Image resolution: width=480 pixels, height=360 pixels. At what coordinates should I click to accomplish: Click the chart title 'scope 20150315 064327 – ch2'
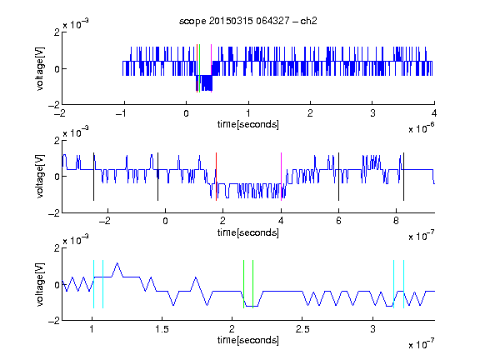(x=248, y=21)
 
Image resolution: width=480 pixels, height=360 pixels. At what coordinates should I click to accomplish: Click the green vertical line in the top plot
(x=200, y=68)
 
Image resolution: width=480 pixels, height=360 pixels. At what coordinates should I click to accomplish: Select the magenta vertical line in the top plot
(x=211, y=68)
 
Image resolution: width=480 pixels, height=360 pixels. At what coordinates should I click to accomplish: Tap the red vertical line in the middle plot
(x=216, y=177)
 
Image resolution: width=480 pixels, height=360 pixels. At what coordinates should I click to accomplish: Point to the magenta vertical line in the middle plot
(x=282, y=177)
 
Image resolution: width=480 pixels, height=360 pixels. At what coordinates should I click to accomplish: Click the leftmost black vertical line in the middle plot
(x=93, y=177)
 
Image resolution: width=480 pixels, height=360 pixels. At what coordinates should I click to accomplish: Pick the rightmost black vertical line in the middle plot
(x=404, y=177)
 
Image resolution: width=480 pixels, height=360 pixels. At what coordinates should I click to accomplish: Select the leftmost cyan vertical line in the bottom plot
(x=93, y=284)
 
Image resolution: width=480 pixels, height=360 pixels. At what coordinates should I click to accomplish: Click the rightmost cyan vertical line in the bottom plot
(x=404, y=284)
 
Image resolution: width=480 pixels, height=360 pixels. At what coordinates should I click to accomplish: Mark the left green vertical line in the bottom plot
(x=243, y=284)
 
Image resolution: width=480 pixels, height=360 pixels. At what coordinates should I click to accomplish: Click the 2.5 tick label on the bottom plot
(x=302, y=329)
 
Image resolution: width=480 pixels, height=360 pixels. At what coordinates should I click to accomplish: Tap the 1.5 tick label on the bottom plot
(x=162, y=329)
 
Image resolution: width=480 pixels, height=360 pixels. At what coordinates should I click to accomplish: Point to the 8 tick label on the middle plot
(x=396, y=221)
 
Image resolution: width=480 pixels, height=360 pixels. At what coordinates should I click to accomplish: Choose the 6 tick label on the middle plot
(x=338, y=221)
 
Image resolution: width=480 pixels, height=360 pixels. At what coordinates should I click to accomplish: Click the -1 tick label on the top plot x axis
(x=122, y=113)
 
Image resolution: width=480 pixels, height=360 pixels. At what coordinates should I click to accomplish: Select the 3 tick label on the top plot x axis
(x=372, y=113)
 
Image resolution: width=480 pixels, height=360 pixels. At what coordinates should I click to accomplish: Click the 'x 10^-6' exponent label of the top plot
(x=422, y=128)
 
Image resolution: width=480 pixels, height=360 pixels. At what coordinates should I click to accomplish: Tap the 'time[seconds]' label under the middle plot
(x=248, y=232)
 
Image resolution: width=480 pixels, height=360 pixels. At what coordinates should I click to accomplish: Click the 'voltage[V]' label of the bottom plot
(x=40, y=284)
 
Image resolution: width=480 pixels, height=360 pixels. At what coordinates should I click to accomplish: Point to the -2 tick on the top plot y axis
(x=54, y=105)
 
